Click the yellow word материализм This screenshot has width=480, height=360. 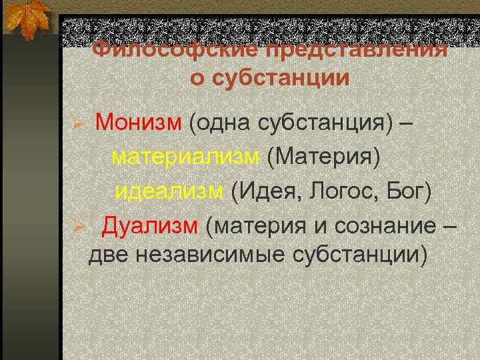coord(185,157)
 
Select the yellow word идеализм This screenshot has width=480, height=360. coord(169,191)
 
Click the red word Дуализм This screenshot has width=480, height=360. coord(150,225)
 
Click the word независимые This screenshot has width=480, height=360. coord(208,255)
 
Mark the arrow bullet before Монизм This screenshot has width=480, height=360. coord(78,125)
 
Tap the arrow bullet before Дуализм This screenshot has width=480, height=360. coord(78,227)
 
